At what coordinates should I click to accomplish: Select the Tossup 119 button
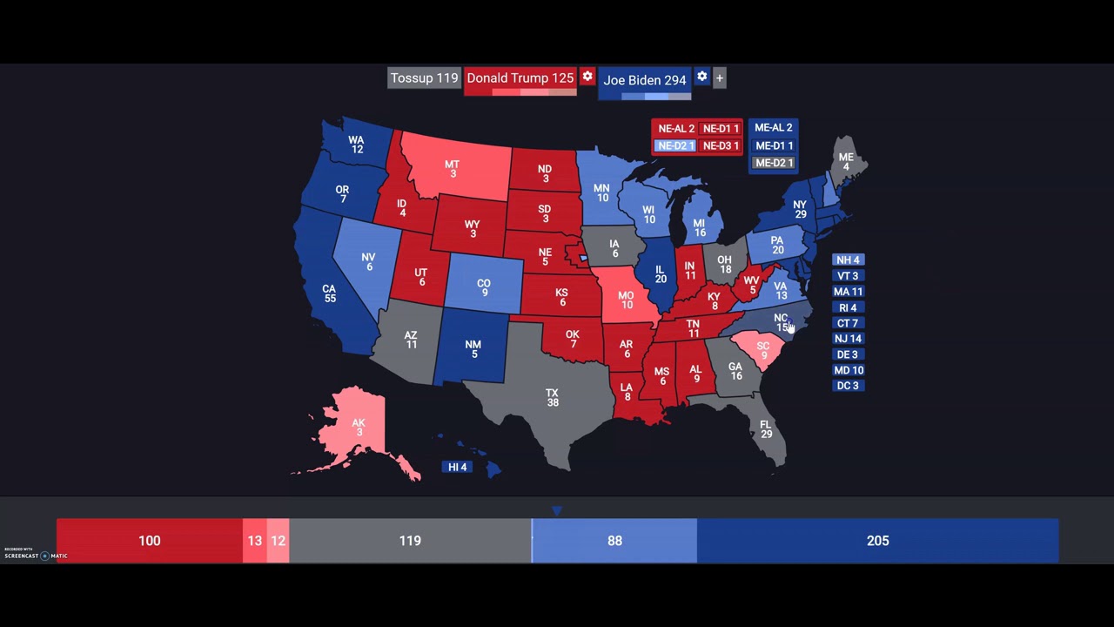[x=424, y=78]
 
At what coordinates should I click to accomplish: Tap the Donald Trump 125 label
[x=520, y=78]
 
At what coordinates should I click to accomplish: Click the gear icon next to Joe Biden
[x=702, y=77]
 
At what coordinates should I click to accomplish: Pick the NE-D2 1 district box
[x=675, y=145]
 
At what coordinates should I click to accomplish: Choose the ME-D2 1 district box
[x=774, y=163]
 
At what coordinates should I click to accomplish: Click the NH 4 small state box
[x=848, y=260]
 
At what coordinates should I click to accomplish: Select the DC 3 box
[x=848, y=386]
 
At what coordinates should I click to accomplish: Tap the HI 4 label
[x=458, y=467]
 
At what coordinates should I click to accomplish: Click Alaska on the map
[x=358, y=427]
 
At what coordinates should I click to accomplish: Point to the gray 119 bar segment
[x=410, y=541]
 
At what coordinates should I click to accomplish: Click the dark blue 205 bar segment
[x=877, y=541]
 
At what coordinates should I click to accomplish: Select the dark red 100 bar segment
[x=150, y=541]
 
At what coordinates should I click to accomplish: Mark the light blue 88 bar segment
[x=614, y=541]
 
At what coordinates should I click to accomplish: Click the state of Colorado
[x=484, y=287]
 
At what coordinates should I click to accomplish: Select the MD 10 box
[x=848, y=370]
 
